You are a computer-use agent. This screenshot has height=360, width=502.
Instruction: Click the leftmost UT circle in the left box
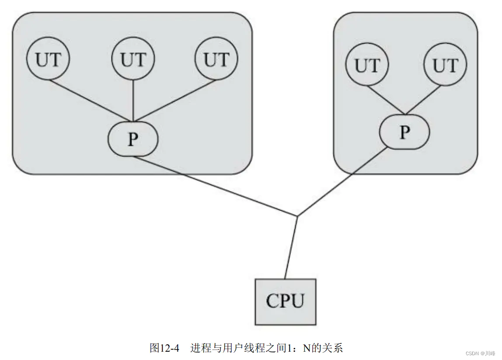pos(48,60)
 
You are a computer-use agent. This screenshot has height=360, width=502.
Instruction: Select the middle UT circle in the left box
pos(133,60)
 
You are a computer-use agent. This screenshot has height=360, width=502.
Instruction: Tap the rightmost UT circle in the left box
pos(216,60)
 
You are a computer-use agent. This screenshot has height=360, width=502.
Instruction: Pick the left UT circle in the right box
pos(367,66)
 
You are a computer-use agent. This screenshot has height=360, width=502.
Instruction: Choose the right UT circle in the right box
pos(445,66)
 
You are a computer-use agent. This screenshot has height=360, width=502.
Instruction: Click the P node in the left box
pos(133,139)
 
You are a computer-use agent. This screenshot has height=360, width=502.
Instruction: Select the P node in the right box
pos(404,132)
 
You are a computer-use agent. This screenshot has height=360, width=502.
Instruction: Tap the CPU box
pos(285,301)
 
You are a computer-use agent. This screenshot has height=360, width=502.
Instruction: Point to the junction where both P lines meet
pos(297,216)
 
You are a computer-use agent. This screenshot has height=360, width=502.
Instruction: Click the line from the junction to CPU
pos(291,247)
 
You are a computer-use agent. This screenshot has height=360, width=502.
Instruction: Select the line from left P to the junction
pos(214,186)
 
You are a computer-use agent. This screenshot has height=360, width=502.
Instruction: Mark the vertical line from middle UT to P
pos(133,100)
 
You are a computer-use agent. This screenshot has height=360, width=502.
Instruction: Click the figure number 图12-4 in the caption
pos(164,348)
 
